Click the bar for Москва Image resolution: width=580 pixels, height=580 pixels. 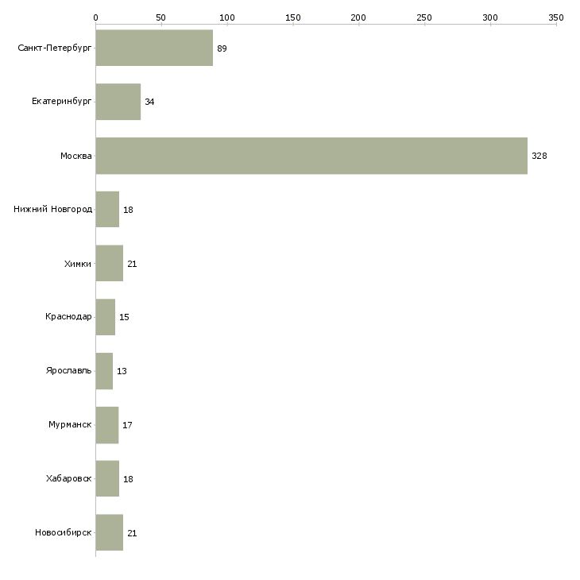(311, 156)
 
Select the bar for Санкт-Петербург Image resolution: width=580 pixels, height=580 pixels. (154, 48)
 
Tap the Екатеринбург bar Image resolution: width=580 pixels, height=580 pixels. (118, 102)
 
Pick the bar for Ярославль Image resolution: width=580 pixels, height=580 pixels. (104, 371)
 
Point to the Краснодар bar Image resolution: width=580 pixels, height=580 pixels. (106, 317)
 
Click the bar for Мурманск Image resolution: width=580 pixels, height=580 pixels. (107, 425)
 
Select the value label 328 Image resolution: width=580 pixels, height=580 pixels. (539, 156)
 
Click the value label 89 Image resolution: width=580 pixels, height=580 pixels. (222, 48)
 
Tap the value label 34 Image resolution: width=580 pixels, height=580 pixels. (149, 102)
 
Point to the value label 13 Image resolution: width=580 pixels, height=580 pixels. (122, 371)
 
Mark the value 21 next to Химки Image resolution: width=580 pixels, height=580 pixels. (132, 264)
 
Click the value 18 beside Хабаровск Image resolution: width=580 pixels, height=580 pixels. (128, 479)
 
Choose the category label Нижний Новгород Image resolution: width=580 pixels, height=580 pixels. (53, 210)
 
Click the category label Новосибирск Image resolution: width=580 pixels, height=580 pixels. (64, 533)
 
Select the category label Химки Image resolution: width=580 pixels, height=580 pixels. (78, 264)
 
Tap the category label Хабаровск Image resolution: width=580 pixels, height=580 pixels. (69, 479)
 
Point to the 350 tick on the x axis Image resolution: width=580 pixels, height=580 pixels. (556, 17)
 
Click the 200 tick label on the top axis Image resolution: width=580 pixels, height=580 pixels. (358, 17)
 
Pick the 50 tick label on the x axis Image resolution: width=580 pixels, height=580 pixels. (161, 17)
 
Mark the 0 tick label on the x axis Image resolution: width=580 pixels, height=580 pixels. (95, 17)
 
